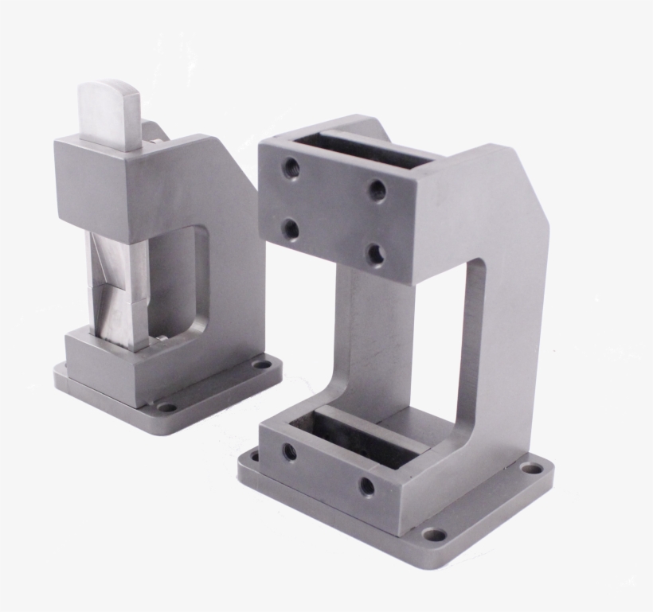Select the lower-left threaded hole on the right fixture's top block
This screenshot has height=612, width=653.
pyautogui.click(x=291, y=230)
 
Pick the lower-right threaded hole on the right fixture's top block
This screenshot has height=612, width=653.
pyautogui.click(x=375, y=255)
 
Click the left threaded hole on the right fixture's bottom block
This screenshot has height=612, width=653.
pyautogui.click(x=288, y=453)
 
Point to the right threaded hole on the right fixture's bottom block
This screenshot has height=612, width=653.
pyautogui.click(x=367, y=485)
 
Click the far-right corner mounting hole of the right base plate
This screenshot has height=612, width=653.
pyautogui.click(x=530, y=470)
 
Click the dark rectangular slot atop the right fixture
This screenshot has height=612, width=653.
pyautogui.click(x=358, y=153)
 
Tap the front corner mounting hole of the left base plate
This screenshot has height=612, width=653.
pyautogui.click(x=166, y=407)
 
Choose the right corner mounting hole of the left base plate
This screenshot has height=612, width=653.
pyautogui.click(x=260, y=367)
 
